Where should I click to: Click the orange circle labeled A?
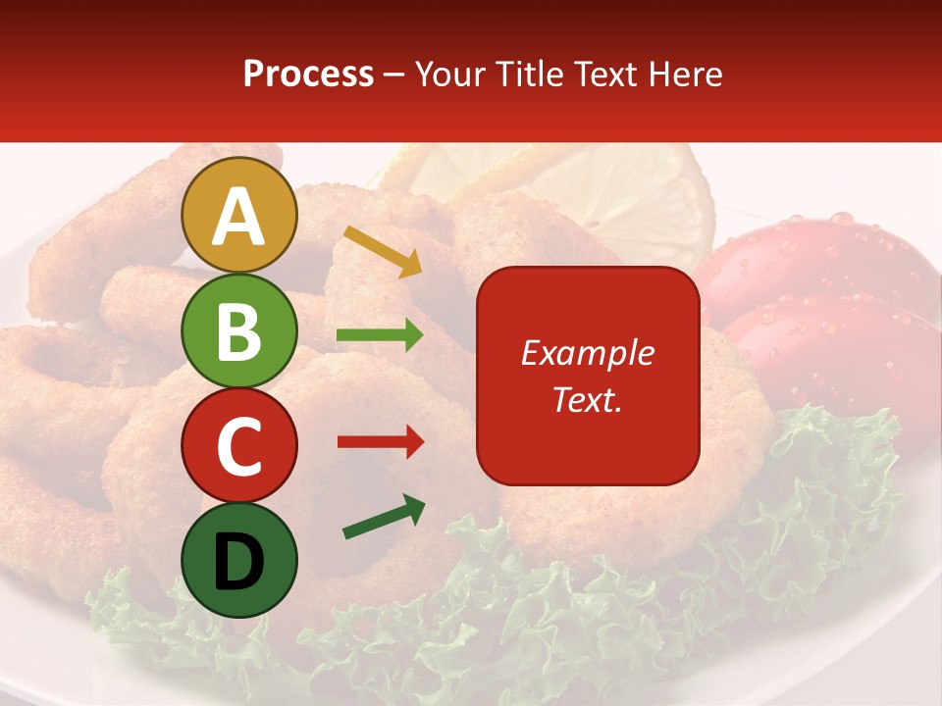[239, 216]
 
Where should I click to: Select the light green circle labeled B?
[239, 330]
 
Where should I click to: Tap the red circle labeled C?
[239, 445]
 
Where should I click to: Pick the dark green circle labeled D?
[239, 560]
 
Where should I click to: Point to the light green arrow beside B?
[380, 335]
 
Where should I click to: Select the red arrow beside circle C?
[380, 442]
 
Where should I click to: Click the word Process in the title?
[308, 75]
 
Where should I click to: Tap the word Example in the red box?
[587, 353]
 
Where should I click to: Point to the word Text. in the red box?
[587, 399]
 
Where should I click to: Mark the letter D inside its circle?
[239, 562]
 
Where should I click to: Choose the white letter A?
[239, 217]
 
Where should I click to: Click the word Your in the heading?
[451, 75]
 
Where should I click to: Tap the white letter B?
[239, 331]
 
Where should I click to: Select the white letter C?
[239, 446]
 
